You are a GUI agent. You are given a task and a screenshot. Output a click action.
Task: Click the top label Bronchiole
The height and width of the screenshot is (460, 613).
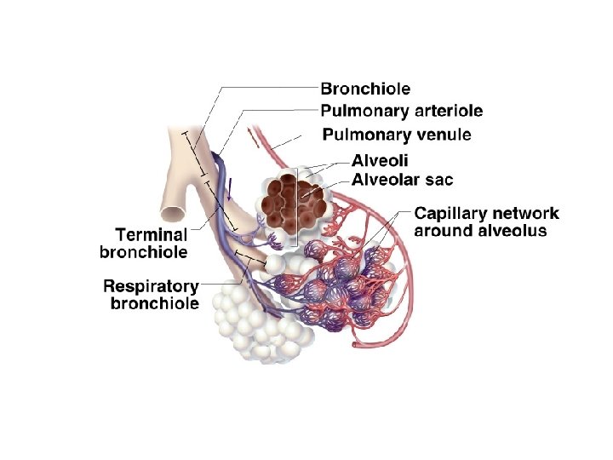pos(365,89)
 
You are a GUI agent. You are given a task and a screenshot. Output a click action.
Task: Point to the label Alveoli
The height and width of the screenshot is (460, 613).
pos(380,161)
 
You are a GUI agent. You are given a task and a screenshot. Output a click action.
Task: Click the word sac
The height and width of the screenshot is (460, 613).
pos(439,180)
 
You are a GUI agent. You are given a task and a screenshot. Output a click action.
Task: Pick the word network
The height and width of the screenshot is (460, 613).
pos(526,213)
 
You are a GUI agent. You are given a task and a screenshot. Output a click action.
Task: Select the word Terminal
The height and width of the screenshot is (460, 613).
pos(151,234)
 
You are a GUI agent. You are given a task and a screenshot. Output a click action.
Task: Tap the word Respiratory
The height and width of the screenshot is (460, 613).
pos(151,286)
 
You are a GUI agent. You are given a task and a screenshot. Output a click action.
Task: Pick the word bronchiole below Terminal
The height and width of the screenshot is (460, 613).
pos(143,252)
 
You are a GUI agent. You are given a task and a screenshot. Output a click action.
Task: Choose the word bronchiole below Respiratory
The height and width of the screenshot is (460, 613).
pos(155,304)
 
